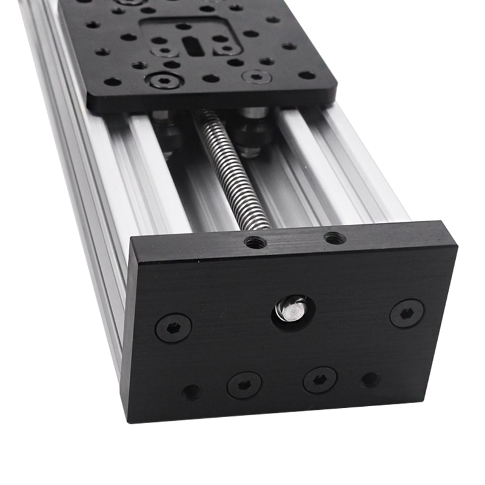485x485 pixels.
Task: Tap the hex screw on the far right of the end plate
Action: (406, 313)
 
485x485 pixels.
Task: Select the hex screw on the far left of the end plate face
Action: (173, 327)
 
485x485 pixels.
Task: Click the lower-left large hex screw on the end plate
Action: (244, 384)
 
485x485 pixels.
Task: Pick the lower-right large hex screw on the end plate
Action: (319, 380)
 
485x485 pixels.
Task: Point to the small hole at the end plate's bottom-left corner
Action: (192, 392)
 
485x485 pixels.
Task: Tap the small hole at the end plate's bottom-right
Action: (370, 380)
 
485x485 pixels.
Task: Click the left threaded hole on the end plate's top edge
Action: (255, 242)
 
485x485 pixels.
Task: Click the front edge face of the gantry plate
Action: (212, 103)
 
